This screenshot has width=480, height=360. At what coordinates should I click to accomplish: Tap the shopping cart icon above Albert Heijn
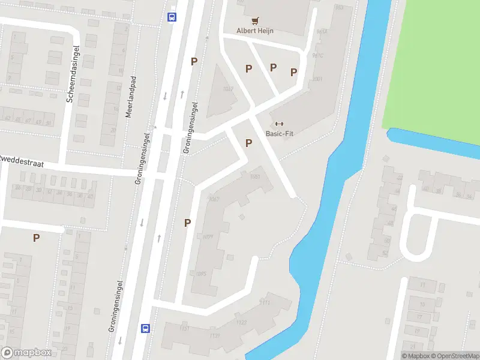click(x=259, y=20)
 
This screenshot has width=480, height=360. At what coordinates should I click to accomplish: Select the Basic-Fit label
click(x=279, y=134)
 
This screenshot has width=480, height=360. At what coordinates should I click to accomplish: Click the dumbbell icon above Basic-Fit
click(x=279, y=124)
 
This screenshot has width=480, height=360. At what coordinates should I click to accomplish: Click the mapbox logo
click(x=26, y=353)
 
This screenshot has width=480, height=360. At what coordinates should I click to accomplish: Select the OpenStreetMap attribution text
click(x=452, y=356)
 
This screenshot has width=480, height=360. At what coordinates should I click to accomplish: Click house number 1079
click(x=208, y=236)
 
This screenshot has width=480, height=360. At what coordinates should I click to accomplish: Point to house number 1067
click(x=214, y=198)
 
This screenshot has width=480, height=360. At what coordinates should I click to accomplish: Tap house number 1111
click(x=265, y=302)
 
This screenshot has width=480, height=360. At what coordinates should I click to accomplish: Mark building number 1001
click(x=317, y=79)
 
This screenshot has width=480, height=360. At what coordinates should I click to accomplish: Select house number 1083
click(x=254, y=176)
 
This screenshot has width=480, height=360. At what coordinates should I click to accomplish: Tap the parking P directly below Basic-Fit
click(x=248, y=143)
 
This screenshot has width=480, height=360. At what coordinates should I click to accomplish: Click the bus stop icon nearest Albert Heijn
click(x=172, y=17)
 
